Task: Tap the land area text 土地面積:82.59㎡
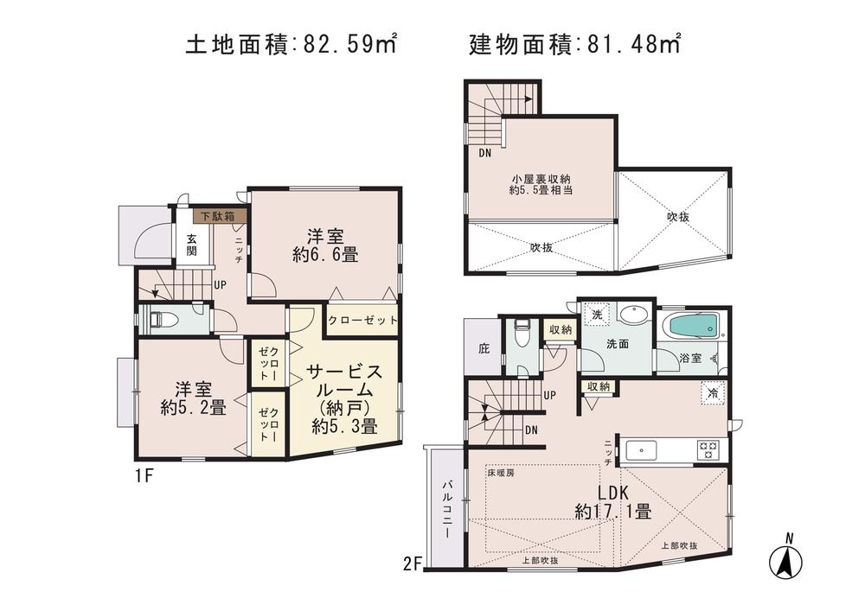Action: point(292,43)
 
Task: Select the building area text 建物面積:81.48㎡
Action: point(574,43)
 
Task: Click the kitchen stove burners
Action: point(710,449)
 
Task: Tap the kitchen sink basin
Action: point(640,449)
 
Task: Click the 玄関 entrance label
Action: point(191,245)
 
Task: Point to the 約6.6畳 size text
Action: point(325,255)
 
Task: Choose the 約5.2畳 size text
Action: point(193,406)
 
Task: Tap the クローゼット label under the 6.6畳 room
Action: point(363,320)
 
